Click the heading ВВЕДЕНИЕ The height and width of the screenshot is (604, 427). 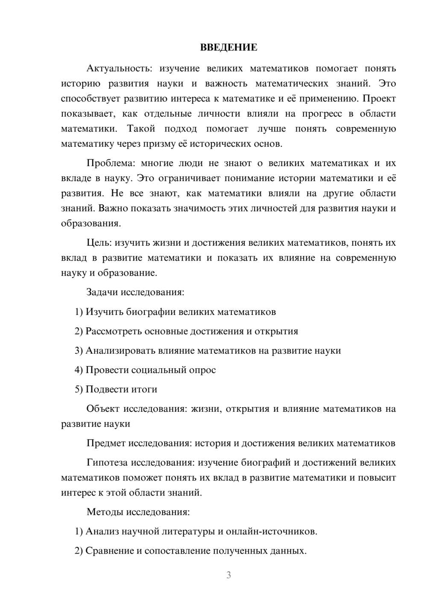228,47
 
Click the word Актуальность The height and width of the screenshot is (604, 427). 113,68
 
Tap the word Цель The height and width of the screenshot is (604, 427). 99,243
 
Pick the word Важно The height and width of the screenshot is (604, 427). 112,208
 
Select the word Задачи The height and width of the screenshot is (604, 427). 102,292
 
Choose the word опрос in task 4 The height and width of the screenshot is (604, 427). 202,370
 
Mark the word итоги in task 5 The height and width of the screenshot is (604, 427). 143,389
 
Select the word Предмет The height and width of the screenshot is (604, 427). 106,443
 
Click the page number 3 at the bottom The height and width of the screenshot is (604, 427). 228,575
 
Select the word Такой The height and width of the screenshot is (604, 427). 141,129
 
